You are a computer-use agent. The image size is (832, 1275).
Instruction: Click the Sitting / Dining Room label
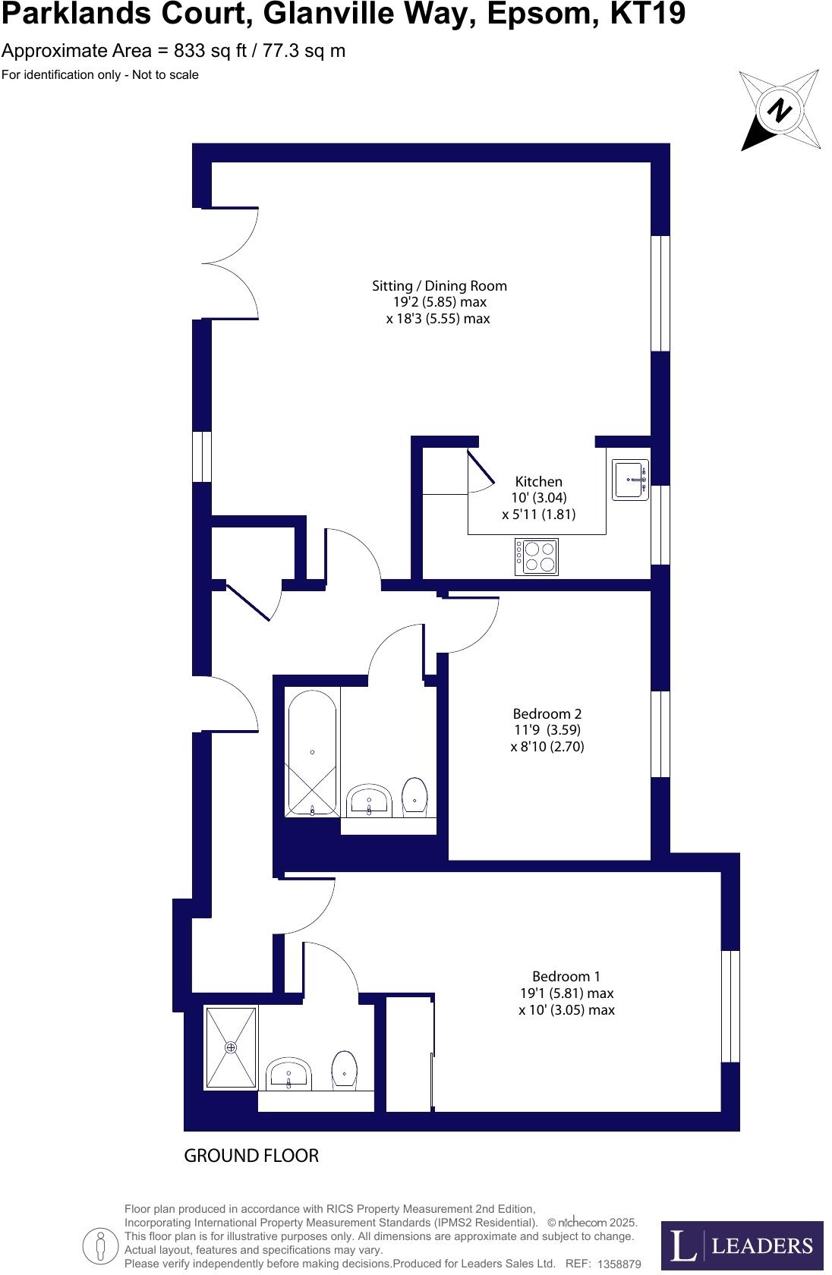[x=439, y=286]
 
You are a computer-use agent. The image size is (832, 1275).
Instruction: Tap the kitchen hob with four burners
[x=537, y=557]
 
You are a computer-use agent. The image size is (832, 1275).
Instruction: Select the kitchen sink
[x=630, y=480]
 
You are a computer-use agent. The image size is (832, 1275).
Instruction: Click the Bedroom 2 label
[x=547, y=714]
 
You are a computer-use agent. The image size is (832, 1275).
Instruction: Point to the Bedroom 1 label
[x=566, y=977]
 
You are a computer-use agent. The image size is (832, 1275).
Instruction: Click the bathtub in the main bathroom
[x=312, y=753]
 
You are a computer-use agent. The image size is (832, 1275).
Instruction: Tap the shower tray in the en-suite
[x=231, y=1047]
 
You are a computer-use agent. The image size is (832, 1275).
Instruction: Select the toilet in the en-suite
[x=345, y=1071]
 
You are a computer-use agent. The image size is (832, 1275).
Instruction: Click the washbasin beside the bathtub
[x=369, y=801]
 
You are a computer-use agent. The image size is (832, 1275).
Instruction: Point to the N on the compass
[x=779, y=111]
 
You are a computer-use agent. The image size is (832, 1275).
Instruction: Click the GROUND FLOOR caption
[x=251, y=1156]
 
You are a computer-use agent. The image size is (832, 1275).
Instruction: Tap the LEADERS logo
[x=742, y=1245]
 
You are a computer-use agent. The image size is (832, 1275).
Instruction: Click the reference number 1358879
[x=619, y=1264]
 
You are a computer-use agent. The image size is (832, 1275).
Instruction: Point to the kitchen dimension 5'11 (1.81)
[x=538, y=515]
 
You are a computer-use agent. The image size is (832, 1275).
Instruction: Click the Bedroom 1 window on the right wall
[x=730, y=1006]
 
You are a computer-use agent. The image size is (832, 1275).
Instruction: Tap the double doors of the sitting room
[x=230, y=263]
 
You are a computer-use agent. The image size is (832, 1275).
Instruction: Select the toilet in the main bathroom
[x=414, y=796]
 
